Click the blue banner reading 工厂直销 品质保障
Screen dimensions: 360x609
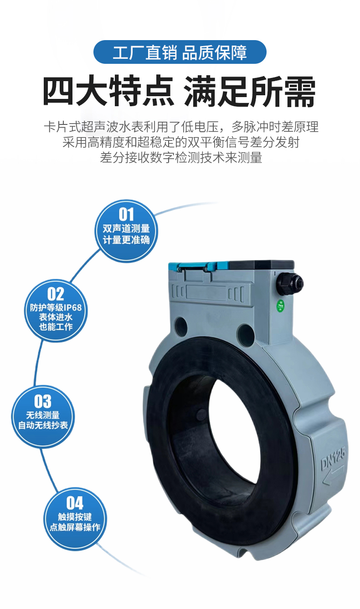coord(180,52)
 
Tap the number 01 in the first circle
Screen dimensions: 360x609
coord(126,215)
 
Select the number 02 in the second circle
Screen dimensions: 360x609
coord(56,294)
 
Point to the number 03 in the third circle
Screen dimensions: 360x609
coord(43,401)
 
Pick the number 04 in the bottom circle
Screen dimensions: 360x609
coord(75,503)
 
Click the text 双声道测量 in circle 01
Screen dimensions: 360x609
coord(126,229)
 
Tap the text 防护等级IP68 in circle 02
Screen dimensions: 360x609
coord(56,308)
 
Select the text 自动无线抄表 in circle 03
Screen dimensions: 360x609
coord(43,425)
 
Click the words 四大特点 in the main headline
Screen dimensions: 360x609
coord(108,91)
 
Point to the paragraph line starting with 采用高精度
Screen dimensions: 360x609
coord(181,142)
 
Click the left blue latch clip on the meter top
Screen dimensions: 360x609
coord(178,267)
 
